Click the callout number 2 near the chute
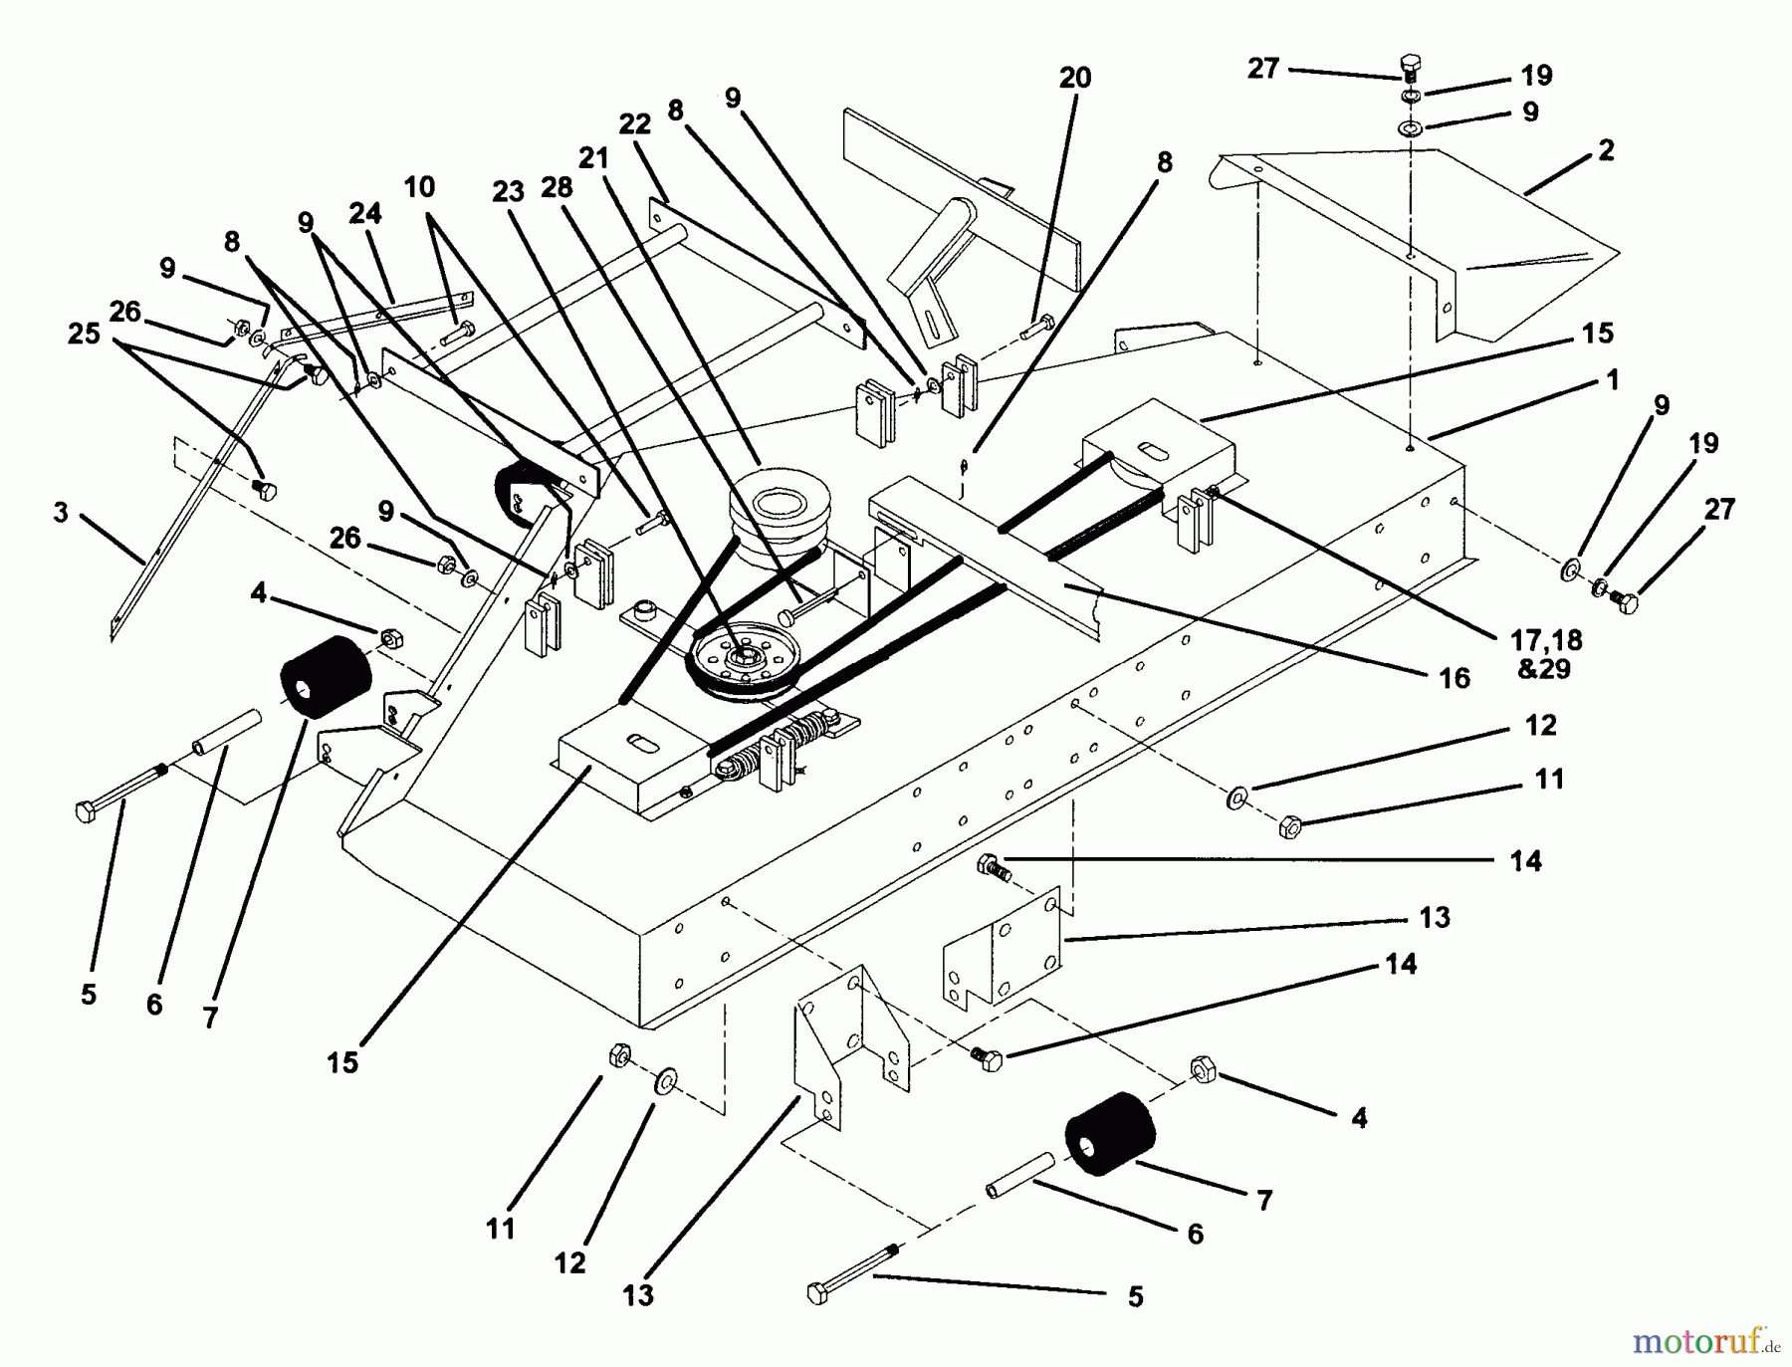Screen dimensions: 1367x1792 point(1605,151)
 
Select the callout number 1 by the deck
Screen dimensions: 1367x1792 point(1612,379)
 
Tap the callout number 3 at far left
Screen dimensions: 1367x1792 point(62,513)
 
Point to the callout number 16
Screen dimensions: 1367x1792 point(1455,679)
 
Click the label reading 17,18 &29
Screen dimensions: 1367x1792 point(1543,653)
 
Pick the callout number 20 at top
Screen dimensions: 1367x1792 point(1075,78)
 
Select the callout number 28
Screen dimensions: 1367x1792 point(558,186)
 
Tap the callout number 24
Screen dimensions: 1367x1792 point(365,213)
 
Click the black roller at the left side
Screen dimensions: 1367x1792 point(325,676)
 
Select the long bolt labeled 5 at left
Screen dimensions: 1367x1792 point(120,791)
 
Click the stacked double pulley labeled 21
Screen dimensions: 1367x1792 point(778,508)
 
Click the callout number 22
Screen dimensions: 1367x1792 point(634,124)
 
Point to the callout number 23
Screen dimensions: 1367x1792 point(508,191)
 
